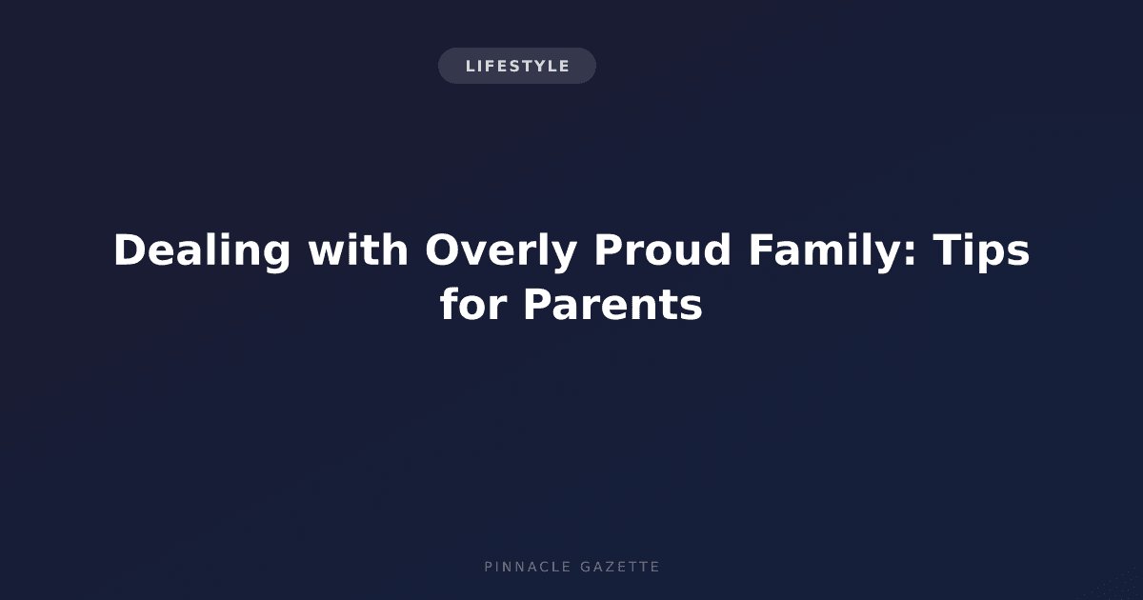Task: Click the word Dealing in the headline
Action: tap(202, 251)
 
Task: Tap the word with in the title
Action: tap(358, 250)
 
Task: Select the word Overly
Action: tap(501, 251)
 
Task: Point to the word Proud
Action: tap(662, 250)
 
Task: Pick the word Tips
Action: tap(981, 251)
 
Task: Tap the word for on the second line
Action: tap(473, 304)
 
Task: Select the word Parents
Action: tap(613, 306)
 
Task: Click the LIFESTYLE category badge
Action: tap(517, 66)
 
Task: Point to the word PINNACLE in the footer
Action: tap(528, 567)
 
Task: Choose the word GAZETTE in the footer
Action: tap(620, 567)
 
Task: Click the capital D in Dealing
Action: tap(130, 250)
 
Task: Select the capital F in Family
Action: tap(761, 250)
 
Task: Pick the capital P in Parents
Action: tap(538, 304)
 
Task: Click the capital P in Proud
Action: tap(609, 250)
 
